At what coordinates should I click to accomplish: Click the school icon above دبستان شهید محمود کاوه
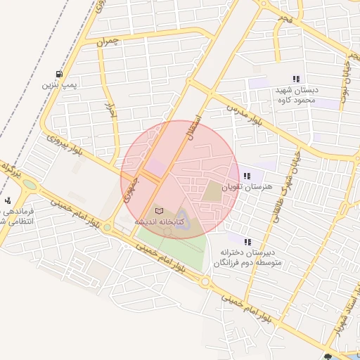pyautogui.click(x=296, y=79)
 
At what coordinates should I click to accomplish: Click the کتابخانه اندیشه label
pyautogui.click(x=160, y=221)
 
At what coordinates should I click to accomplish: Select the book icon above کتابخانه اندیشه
pyautogui.click(x=159, y=210)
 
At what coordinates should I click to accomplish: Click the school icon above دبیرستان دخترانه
pyautogui.click(x=247, y=241)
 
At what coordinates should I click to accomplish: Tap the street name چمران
pyautogui.click(x=109, y=42)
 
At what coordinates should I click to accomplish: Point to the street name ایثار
pyautogui.click(x=110, y=110)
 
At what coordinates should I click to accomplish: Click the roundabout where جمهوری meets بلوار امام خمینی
pyautogui.click(x=107, y=227)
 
